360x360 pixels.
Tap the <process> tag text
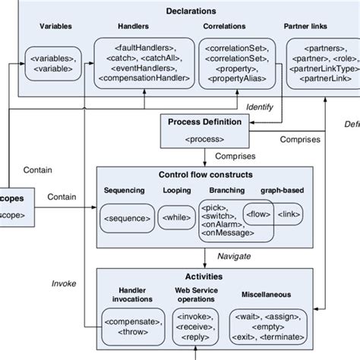pos(204,139)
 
